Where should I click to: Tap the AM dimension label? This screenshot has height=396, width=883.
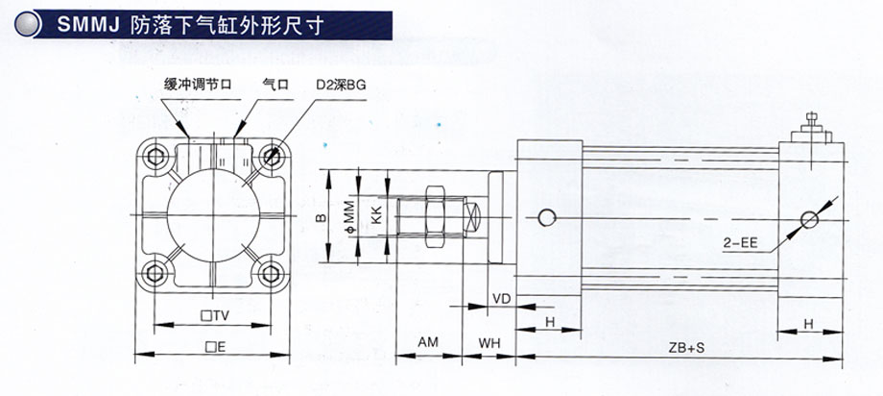(x=430, y=342)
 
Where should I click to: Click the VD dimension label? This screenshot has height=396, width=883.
(x=500, y=299)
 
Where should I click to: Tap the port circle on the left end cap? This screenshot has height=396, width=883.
(x=547, y=218)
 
